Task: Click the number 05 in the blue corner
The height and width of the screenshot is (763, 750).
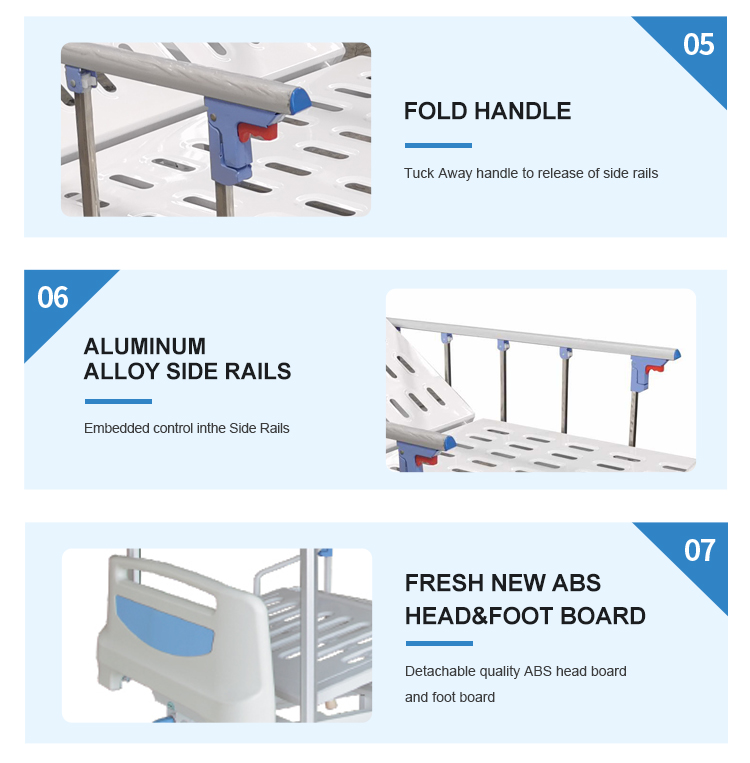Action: pos(698,44)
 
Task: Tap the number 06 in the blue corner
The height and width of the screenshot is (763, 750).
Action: pos(53,297)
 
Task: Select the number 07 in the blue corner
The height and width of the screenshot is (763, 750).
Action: pos(699,550)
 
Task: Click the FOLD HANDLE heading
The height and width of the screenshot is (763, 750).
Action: pos(487,111)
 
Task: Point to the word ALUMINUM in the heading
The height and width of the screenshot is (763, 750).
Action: pos(145,346)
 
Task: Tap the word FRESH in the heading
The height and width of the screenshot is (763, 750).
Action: pos(444,583)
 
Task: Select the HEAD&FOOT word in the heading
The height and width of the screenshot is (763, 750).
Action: pos(479,616)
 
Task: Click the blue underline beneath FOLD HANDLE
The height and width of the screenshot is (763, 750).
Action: pos(438,145)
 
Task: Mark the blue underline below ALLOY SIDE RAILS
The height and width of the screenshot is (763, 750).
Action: pos(118,401)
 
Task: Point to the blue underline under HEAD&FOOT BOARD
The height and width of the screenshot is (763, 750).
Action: pos(439,643)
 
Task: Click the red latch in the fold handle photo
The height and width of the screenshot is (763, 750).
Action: pos(257,131)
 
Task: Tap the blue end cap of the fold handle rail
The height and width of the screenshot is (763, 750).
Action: pos(300,99)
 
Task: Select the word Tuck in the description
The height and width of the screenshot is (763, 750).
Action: pos(419,173)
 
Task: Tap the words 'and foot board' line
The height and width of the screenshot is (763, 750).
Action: pos(450,697)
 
